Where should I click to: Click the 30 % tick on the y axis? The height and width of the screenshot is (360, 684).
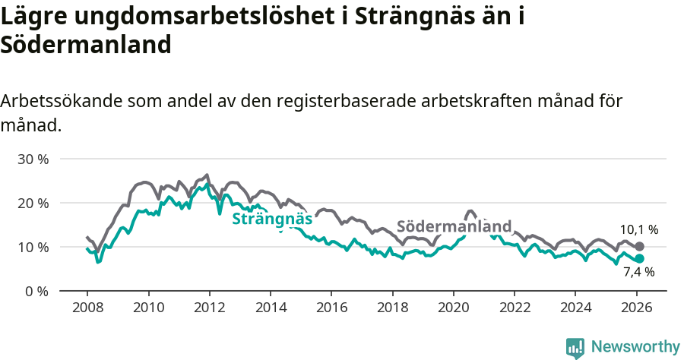pyautogui.click(x=33, y=159)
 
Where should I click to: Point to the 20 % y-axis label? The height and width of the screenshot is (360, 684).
pyautogui.click(x=33, y=204)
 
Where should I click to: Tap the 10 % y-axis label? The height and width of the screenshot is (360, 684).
pyautogui.click(x=33, y=248)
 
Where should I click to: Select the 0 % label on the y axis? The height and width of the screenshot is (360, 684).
pyautogui.click(x=36, y=292)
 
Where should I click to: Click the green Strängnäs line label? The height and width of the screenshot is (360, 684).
pyautogui.click(x=272, y=219)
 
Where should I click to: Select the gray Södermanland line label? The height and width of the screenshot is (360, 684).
pyautogui.click(x=454, y=227)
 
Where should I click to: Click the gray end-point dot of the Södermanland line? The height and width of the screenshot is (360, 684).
pyautogui.click(x=639, y=247)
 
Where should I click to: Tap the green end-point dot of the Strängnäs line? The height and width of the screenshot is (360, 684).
pyautogui.click(x=639, y=259)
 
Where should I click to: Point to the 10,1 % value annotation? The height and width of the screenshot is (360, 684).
pyautogui.click(x=638, y=229)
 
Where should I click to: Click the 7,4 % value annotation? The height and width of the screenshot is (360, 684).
pyautogui.click(x=638, y=273)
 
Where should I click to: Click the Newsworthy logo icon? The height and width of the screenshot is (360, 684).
pyautogui.click(x=575, y=348)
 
